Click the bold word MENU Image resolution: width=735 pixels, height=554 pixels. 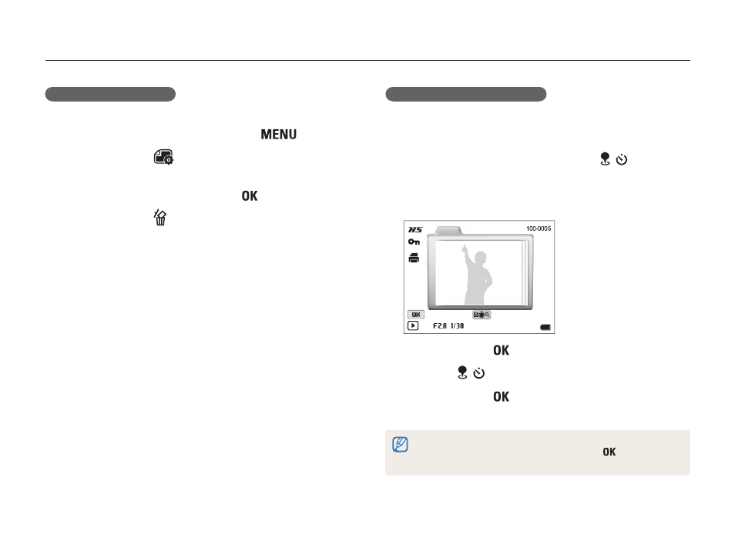coord(278,135)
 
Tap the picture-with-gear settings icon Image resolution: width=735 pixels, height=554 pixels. coord(163,157)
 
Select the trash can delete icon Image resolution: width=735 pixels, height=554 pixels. coord(160,217)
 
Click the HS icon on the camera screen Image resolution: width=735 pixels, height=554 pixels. coord(415,229)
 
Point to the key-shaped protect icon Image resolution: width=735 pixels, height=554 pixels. coord(414,242)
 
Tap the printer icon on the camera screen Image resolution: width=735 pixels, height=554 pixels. coord(414,258)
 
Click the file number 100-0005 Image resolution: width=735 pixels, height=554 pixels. coord(539,229)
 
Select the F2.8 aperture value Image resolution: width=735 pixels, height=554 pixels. coord(440,326)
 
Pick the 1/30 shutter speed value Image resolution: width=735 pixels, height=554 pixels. coord(457,326)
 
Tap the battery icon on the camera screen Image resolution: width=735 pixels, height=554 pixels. coord(545,327)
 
